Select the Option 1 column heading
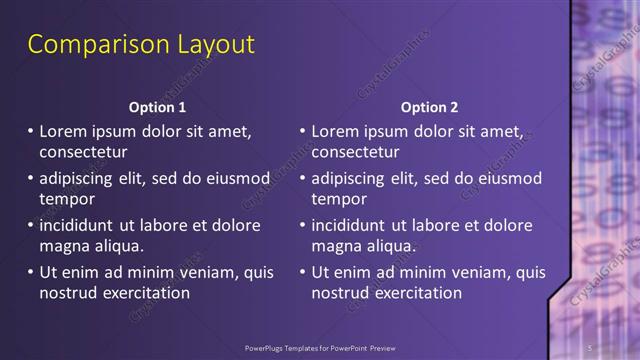click(x=158, y=107)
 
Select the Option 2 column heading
click(x=430, y=107)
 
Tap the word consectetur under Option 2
click(x=355, y=153)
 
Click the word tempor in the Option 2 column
click(x=337, y=200)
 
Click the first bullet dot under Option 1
click(x=30, y=131)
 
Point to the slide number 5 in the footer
click(x=591, y=347)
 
